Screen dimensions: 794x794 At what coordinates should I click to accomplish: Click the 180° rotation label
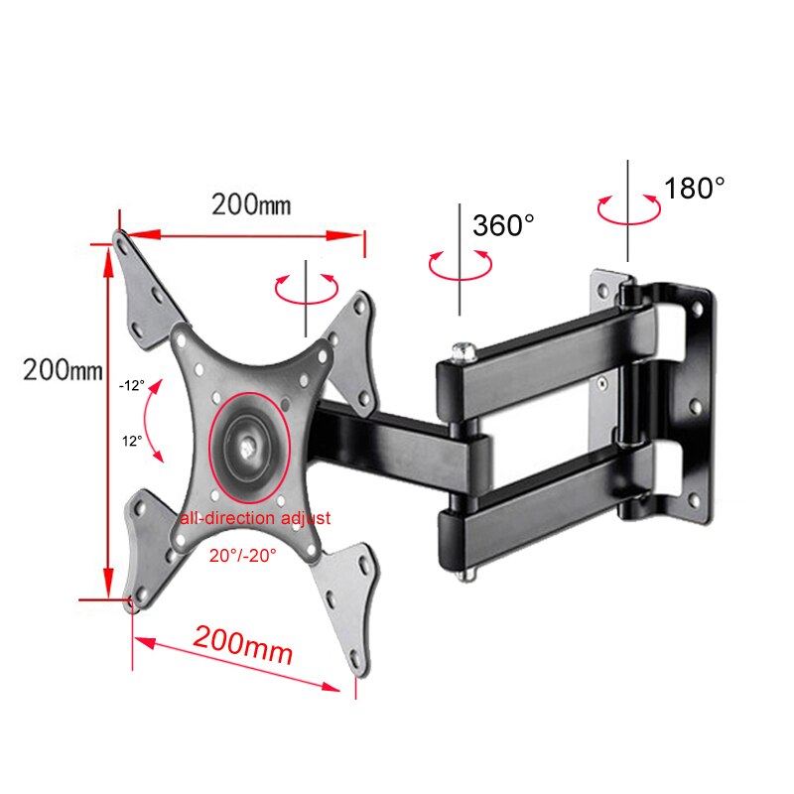(695, 188)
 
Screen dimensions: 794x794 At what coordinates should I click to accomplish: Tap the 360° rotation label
(503, 225)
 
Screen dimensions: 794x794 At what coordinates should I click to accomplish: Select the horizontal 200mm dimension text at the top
(251, 205)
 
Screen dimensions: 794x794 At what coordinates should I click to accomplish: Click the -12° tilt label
(131, 384)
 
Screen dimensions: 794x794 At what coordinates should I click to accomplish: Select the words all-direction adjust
(255, 518)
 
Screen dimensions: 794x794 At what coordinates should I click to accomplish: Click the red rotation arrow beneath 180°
(628, 210)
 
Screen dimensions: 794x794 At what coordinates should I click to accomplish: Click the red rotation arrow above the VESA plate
(307, 288)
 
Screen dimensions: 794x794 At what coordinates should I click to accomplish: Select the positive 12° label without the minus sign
(132, 438)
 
